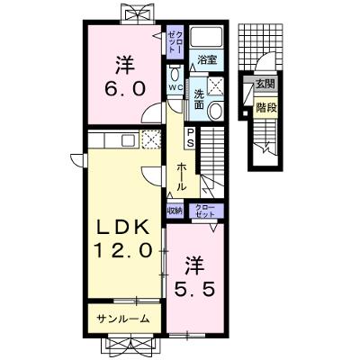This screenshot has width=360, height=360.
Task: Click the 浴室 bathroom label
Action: (207, 60)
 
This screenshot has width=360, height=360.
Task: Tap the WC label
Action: (175, 87)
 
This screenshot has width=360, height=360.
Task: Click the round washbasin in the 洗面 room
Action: (215, 110)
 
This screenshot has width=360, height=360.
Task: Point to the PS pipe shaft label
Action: (191, 138)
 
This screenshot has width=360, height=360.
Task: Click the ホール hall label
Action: (181, 177)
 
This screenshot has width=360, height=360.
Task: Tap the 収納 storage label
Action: (175, 211)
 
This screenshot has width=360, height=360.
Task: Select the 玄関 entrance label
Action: (265, 84)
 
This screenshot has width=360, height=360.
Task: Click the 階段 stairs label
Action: (265, 108)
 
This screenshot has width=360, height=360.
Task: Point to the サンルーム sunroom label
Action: (123, 319)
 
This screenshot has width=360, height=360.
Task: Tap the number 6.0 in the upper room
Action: (125, 89)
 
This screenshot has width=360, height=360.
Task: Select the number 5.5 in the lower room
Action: (195, 290)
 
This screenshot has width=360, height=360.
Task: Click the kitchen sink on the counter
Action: (129, 140)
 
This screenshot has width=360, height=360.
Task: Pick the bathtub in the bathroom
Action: (207, 37)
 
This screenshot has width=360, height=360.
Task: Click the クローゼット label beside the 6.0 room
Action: (175, 42)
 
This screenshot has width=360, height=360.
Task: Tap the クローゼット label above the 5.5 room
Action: (205, 211)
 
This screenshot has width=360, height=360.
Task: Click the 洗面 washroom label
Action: (199, 99)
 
